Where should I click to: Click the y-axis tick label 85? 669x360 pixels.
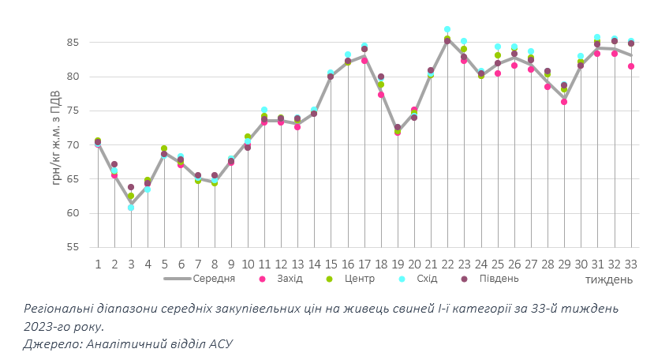[x=73, y=43]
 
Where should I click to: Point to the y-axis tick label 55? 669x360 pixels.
[x=73, y=247]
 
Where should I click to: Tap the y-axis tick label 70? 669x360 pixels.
[x=73, y=145]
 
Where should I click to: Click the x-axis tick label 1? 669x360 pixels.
[x=98, y=264]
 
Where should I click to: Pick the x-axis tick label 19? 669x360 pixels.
[x=397, y=264]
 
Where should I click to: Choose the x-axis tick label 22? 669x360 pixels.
[x=447, y=264]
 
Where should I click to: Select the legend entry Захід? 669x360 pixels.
[x=286, y=279]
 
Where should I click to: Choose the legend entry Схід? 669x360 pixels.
[x=426, y=279]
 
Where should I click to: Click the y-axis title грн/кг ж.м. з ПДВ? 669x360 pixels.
[x=57, y=144]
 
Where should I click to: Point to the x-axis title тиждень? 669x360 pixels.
[x=608, y=279]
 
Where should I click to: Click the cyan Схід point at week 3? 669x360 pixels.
[x=131, y=208]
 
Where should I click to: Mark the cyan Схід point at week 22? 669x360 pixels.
[x=447, y=29]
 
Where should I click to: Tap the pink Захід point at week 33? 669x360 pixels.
[x=630, y=66]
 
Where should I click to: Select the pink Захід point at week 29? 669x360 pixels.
[x=564, y=102]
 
